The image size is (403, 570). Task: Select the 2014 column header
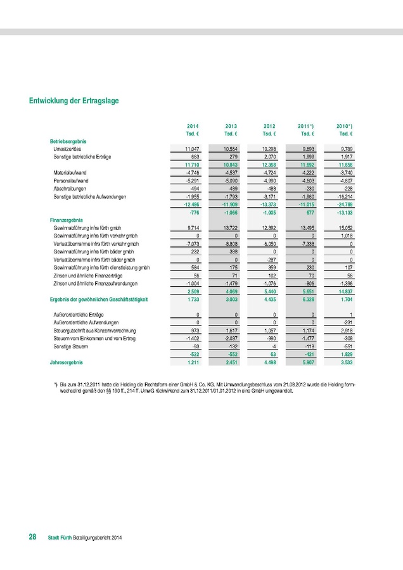point(193,127)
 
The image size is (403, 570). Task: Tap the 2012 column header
point(269,127)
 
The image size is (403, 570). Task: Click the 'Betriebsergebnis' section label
point(68,140)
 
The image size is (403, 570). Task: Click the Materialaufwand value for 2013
point(228,172)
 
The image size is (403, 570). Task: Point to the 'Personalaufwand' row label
point(74,180)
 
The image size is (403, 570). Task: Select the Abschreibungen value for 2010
point(345,189)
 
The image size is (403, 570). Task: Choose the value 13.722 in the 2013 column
point(228,227)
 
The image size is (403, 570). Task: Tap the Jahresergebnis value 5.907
point(307,363)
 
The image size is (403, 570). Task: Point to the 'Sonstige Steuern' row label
point(69,347)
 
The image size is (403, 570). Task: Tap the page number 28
point(32,537)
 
